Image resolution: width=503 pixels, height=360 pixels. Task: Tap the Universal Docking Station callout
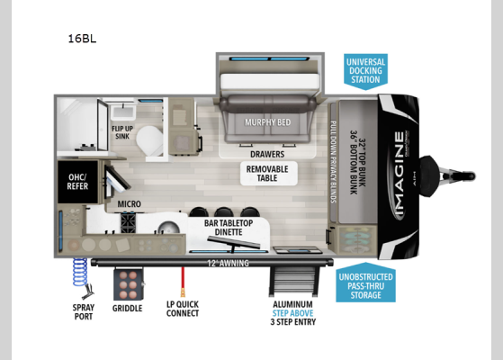coord(364,69)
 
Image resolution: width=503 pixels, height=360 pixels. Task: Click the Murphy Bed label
coord(267,121)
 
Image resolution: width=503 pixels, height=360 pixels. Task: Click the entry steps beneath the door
coord(294,278)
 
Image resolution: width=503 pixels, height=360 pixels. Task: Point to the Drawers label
coord(267,154)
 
